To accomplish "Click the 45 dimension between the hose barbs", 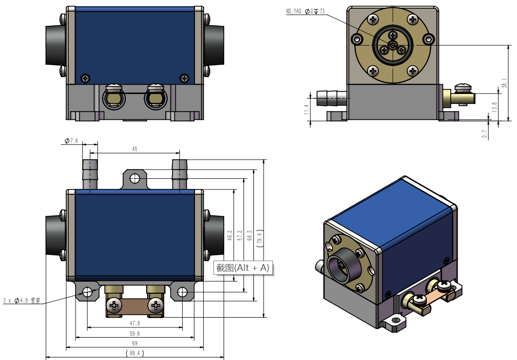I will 134,150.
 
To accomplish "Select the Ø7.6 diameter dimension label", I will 71,141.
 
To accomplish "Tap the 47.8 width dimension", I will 134,323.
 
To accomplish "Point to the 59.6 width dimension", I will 134,334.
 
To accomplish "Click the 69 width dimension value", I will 134,344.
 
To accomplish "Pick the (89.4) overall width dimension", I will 134,353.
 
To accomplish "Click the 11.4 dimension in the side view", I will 306,111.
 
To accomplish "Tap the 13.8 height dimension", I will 495,107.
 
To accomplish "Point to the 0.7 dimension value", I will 485,134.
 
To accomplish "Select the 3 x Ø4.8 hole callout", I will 21,301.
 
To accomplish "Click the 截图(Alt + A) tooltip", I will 243,268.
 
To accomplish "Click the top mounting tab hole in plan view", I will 134,179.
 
